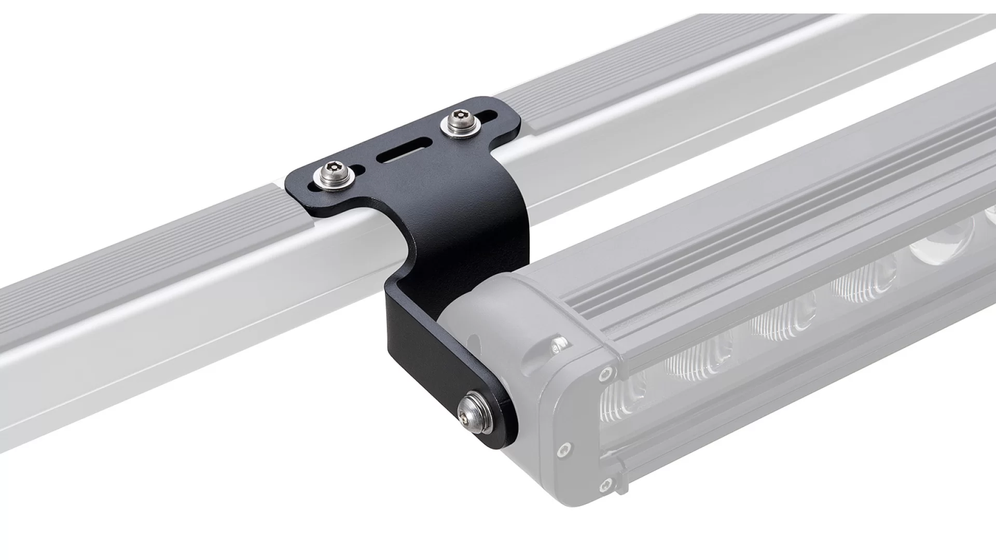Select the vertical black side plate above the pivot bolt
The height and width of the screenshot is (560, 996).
pyautogui.click(x=415, y=353)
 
